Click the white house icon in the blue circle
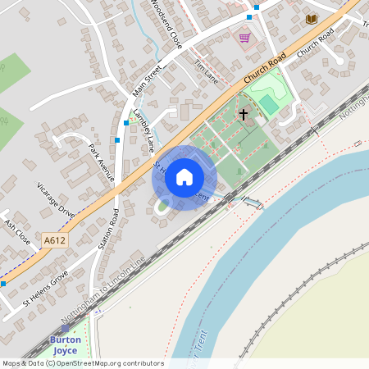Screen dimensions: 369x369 point(184,177)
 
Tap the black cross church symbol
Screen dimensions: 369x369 point(244,115)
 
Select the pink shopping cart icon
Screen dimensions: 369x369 point(244,37)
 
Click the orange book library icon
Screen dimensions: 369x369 point(311,18)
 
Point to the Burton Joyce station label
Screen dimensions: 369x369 point(65,344)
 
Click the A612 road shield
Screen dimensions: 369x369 point(53,240)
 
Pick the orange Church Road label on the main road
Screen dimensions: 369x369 point(264,75)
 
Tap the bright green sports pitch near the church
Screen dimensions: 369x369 point(267,104)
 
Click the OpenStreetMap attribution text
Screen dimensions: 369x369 point(82,363)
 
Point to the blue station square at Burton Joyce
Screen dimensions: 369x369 point(66,328)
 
